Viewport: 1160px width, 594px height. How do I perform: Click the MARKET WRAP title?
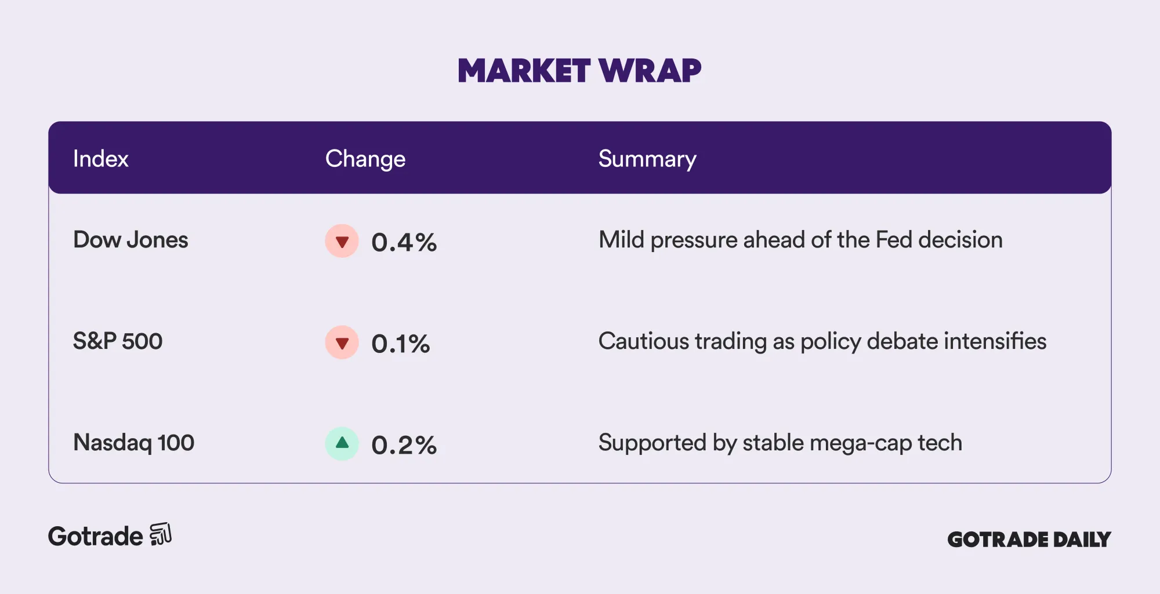click(x=579, y=71)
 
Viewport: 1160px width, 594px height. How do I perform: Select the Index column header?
click(x=100, y=159)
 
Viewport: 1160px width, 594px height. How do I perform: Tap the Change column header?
click(x=365, y=159)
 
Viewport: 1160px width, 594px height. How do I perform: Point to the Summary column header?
click(x=647, y=159)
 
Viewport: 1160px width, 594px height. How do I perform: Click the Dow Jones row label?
click(x=130, y=240)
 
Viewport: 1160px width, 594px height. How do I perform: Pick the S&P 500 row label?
click(x=118, y=341)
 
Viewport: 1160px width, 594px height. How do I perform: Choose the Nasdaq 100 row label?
click(x=133, y=443)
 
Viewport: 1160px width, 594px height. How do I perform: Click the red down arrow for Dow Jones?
click(x=342, y=241)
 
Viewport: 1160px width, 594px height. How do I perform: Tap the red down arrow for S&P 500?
click(x=342, y=342)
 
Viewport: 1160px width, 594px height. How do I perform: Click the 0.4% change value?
click(x=404, y=242)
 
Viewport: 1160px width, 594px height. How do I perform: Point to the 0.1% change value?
click(x=401, y=344)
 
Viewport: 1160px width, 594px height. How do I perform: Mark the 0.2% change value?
click(x=404, y=445)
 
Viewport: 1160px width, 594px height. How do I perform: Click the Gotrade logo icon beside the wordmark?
click(x=161, y=534)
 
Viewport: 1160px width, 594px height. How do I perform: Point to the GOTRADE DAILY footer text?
click(x=1029, y=540)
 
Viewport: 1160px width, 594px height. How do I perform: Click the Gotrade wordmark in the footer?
click(x=95, y=537)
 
